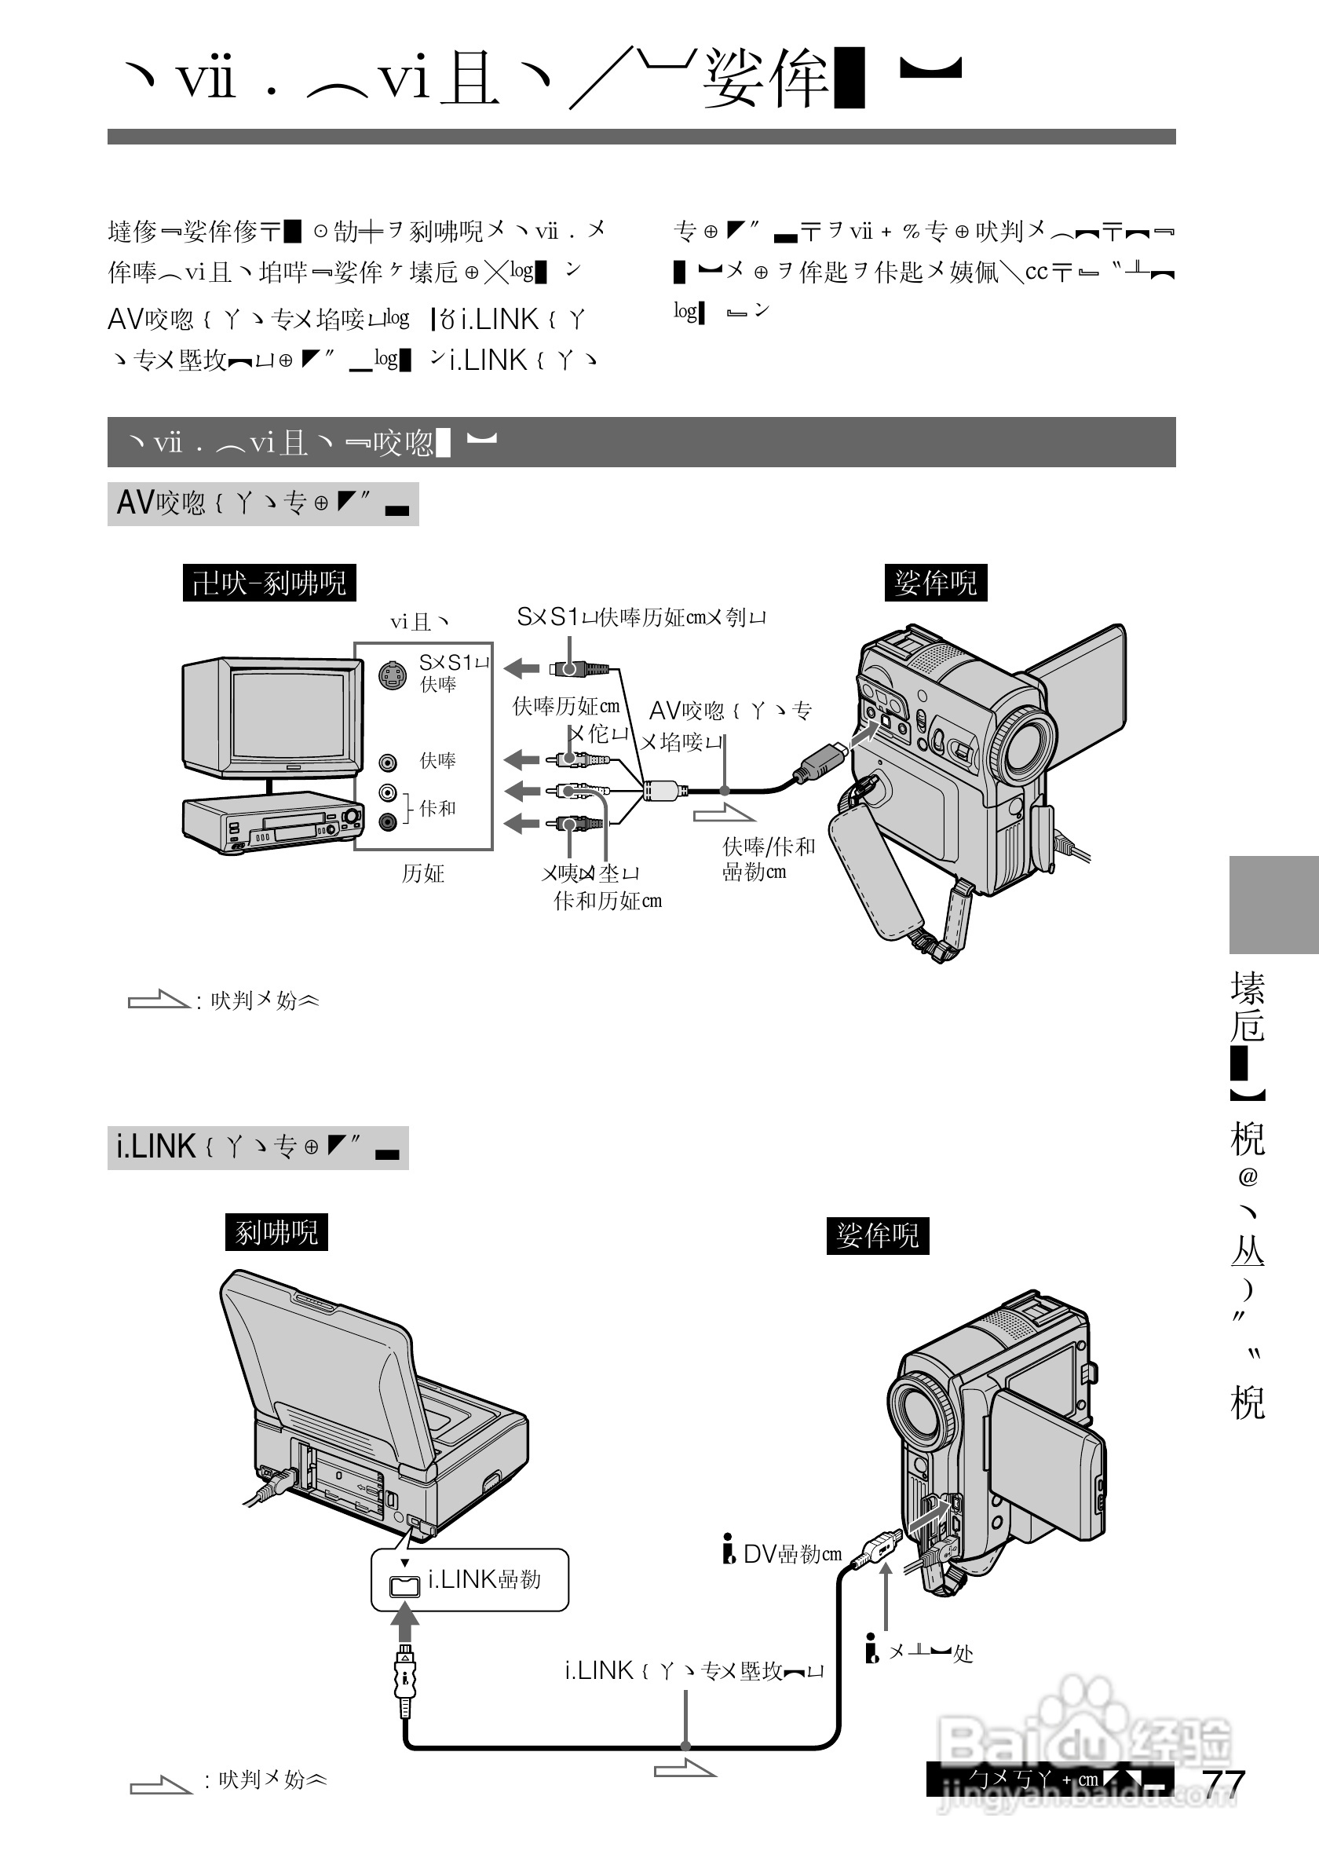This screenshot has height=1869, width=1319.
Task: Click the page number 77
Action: pyautogui.click(x=1224, y=1783)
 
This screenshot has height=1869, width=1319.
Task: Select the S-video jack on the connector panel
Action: pyautogui.click(x=393, y=675)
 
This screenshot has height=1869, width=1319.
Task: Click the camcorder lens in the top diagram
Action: pyautogui.click(x=1022, y=744)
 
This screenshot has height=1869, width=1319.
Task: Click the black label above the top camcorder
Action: pyautogui.click(x=935, y=583)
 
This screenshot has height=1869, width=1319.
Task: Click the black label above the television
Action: pyautogui.click(x=269, y=583)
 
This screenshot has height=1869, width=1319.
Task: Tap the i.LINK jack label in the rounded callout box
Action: pyautogui.click(x=484, y=1580)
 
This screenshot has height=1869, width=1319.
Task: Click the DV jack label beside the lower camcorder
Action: pyautogui.click(x=791, y=1553)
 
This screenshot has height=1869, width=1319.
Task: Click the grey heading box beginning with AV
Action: pyautogui.click(x=263, y=504)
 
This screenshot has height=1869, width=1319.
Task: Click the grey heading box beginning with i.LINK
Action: pyautogui.click(x=258, y=1148)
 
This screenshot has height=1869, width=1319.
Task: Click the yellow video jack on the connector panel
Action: pyautogui.click(x=388, y=762)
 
